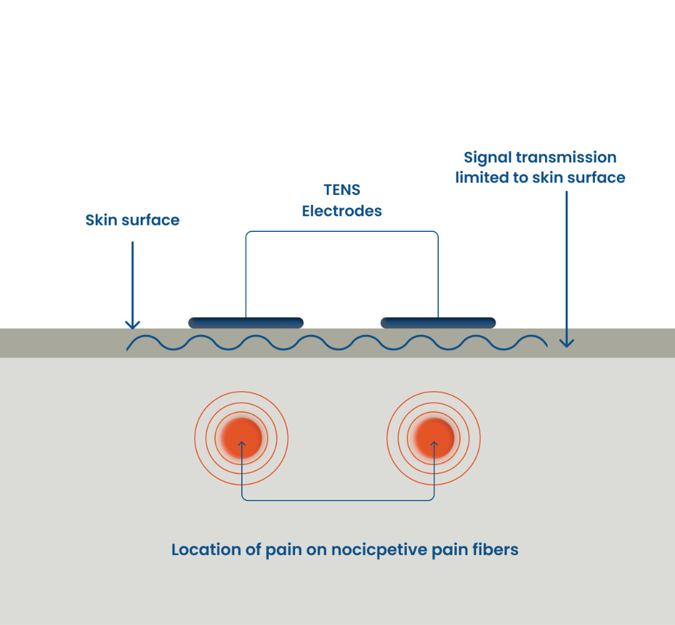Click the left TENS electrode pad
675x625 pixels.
pyautogui.click(x=246, y=322)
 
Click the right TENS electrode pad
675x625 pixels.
pyautogui.click(x=438, y=322)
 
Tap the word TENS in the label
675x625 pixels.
pyautogui.click(x=342, y=189)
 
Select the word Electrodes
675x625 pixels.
pyautogui.click(x=342, y=211)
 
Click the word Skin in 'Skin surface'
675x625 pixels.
pyautogui.click(x=99, y=220)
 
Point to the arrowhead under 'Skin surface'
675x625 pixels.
pyautogui.click(x=132, y=325)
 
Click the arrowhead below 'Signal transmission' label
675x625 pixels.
pyautogui.click(x=566, y=342)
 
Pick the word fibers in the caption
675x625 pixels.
pyautogui.click(x=496, y=550)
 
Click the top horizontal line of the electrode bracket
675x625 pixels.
pyautogui.click(x=342, y=232)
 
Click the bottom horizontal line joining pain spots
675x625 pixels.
pyautogui.click(x=337, y=500)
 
